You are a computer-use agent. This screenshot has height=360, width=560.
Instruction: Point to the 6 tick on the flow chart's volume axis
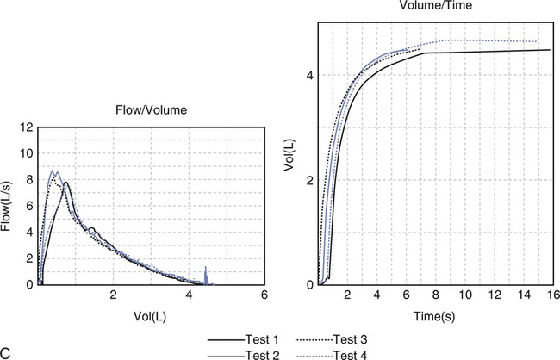pyautogui.click(x=264, y=295)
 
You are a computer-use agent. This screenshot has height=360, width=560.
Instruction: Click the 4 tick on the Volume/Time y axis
pyautogui.click(x=311, y=76)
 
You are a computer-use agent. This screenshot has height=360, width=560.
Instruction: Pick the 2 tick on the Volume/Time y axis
pyautogui.click(x=311, y=180)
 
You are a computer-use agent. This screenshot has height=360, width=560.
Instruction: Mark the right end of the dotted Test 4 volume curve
pyautogui.click(x=537, y=41)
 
